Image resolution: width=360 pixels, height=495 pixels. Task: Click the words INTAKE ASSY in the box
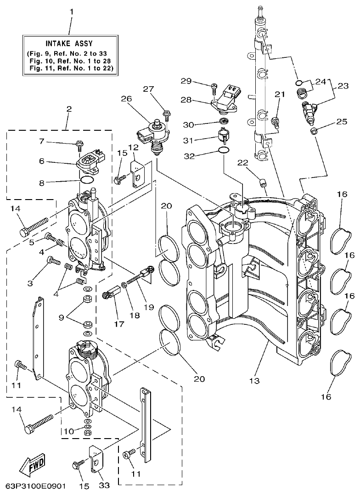pos(69,44)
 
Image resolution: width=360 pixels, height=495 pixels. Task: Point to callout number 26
pos(126,98)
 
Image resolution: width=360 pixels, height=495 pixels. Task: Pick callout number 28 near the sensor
pos(186,100)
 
